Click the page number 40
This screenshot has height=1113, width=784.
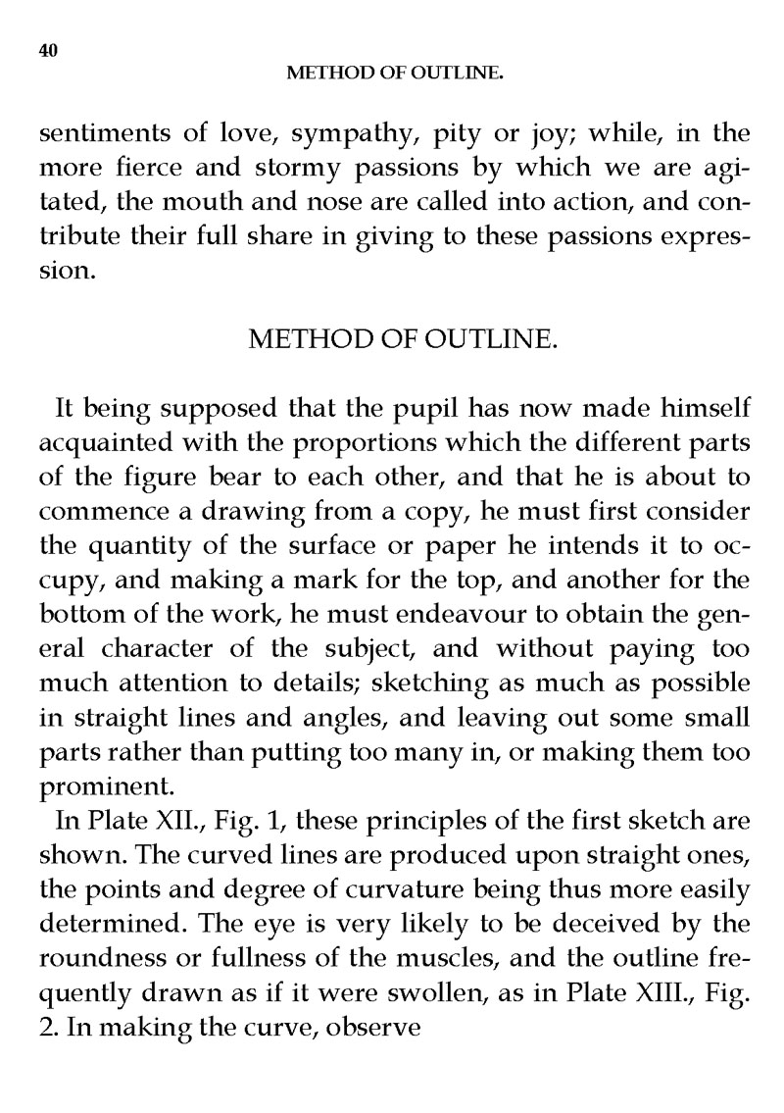[x=48, y=51]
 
